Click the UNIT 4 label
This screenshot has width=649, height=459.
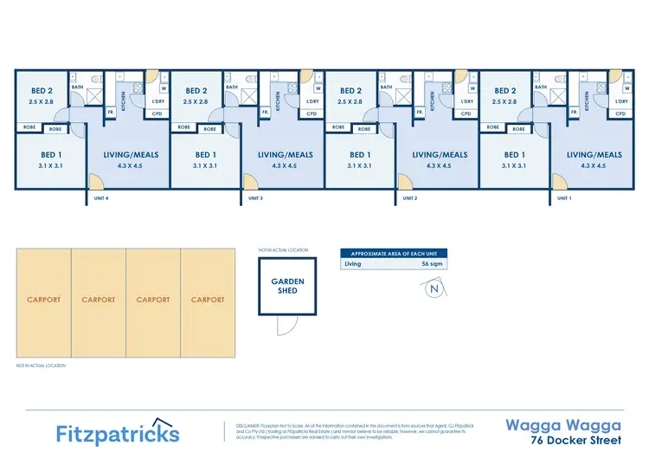click(x=100, y=198)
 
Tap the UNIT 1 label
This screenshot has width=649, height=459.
click(x=564, y=198)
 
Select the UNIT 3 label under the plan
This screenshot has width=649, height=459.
click(x=255, y=198)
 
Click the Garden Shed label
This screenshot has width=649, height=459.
click(x=287, y=286)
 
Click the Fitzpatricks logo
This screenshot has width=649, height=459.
click(x=118, y=433)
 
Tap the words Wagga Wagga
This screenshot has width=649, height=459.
click(x=562, y=425)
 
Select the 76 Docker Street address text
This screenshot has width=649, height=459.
click(x=576, y=440)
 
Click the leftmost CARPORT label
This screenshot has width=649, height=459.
click(x=44, y=300)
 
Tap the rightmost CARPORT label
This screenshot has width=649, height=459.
click(x=208, y=300)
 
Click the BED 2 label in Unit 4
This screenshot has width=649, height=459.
click(x=42, y=91)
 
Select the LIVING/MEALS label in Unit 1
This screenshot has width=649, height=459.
click(x=594, y=155)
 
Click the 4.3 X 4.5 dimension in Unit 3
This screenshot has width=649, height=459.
click(x=285, y=165)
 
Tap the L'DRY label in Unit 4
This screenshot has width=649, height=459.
click(x=157, y=101)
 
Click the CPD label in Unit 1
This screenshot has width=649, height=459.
click(x=620, y=113)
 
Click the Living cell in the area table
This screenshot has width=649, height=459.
click(x=353, y=263)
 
